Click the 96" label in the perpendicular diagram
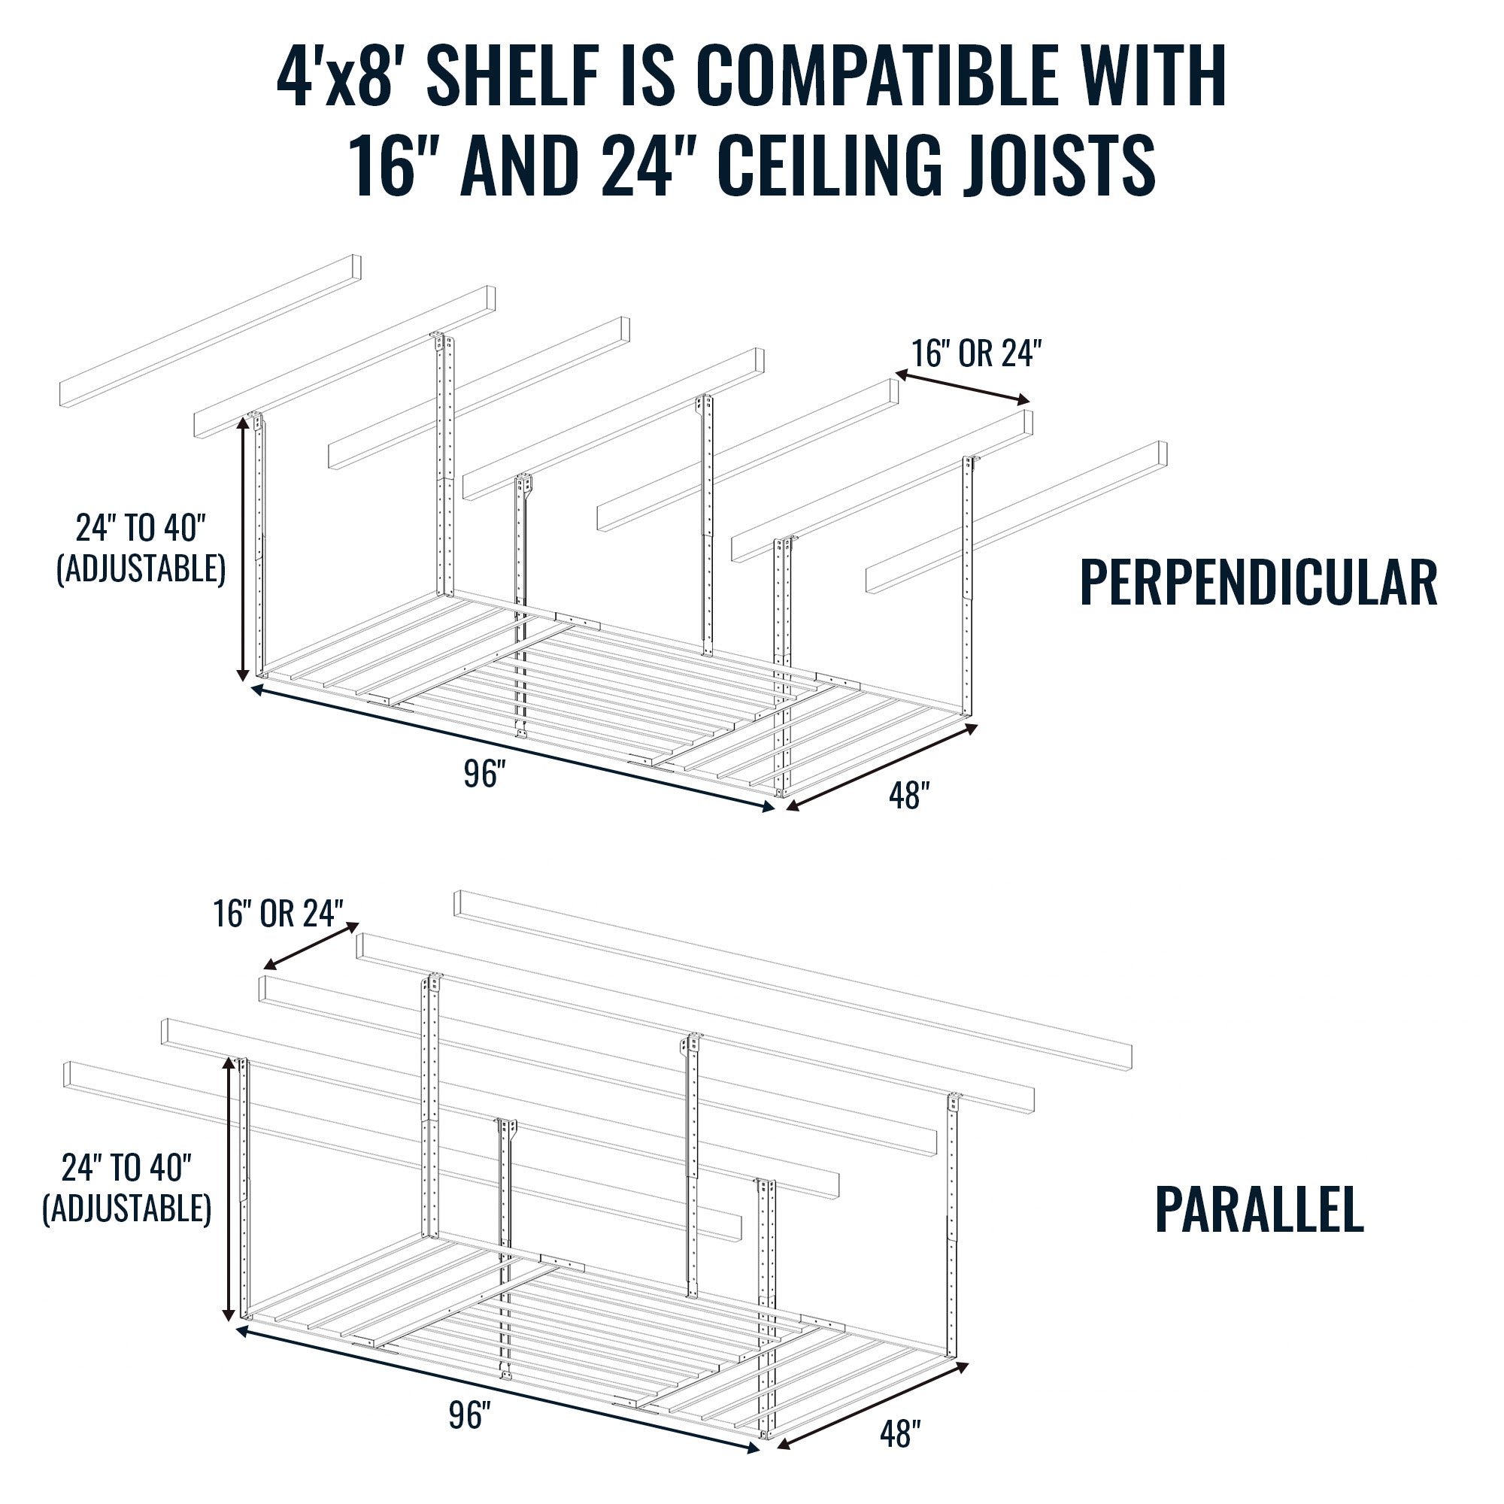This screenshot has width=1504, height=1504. [x=484, y=774]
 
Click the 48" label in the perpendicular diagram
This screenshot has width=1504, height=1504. [x=909, y=796]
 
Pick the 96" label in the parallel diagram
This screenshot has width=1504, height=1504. [x=469, y=1415]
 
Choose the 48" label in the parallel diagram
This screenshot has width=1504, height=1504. [x=900, y=1434]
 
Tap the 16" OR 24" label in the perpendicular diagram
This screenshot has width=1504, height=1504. [x=976, y=354]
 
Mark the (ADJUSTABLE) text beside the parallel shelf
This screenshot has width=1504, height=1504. [x=127, y=1209]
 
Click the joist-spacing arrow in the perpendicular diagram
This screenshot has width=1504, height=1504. [x=963, y=387]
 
